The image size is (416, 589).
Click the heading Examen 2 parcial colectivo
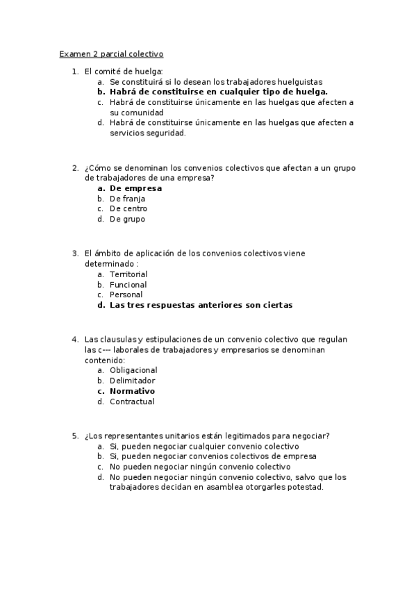tap(111, 53)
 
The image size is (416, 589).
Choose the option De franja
tap(128, 199)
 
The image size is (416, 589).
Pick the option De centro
tap(128, 209)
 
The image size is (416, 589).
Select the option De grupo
tap(128, 219)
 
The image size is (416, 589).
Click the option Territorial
tap(128, 274)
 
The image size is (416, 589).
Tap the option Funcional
tap(128, 285)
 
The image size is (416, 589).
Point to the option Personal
tap(126, 294)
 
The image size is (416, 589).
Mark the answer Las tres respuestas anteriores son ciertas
tap(201, 305)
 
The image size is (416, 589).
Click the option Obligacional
tap(133, 370)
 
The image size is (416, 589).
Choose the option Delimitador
tap(132, 381)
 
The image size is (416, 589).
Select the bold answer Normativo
tap(132, 391)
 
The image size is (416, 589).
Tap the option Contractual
tap(132, 401)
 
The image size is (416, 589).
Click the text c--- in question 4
tap(104, 350)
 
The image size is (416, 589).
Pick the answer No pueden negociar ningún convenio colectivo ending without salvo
tap(190, 467)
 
